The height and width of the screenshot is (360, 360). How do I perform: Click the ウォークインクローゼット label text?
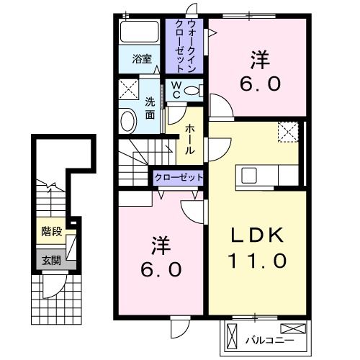(x=186, y=45)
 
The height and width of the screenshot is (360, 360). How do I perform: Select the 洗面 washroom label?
(x=150, y=107)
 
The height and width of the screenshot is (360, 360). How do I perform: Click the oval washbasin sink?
(x=128, y=120)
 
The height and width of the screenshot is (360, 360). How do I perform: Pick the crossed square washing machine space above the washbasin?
(x=130, y=91)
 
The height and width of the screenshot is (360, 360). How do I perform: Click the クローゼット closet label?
(x=177, y=177)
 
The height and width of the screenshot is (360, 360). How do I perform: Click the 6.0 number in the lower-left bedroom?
(x=160, y=270)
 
